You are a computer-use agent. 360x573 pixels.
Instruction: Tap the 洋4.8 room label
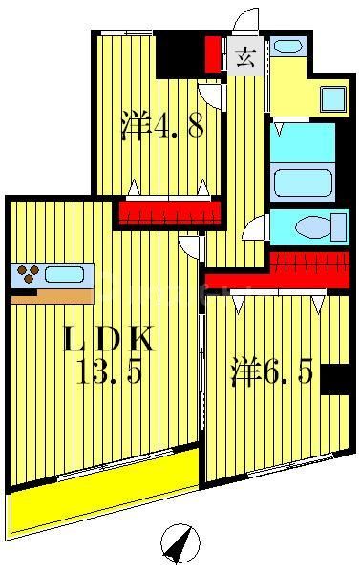[x=162, y=127]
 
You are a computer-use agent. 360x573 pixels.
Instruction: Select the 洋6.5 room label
[x=270, y=372]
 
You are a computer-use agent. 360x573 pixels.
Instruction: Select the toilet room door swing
[x=255, y=228]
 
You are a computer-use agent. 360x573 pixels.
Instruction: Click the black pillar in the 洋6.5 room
[x=335, y=379]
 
